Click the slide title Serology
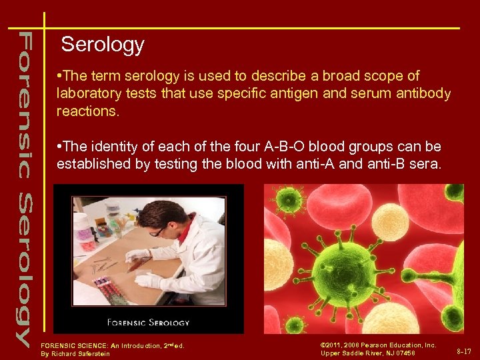[x=102, y=45]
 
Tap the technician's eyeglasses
[x=158, y=231]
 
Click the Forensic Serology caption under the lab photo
[x=149, y=323]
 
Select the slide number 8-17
[x=464, y=351]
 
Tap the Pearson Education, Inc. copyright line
[x=378, y=345]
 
